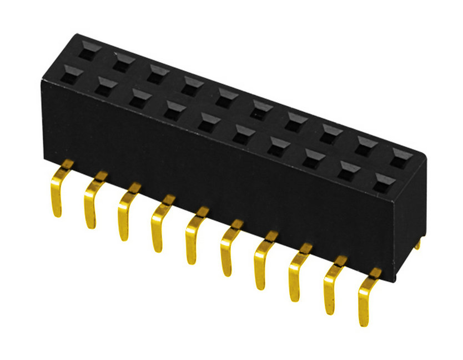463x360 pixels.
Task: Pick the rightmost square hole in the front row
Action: coord(383,181)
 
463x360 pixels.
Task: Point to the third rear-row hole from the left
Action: coord(157,73)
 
